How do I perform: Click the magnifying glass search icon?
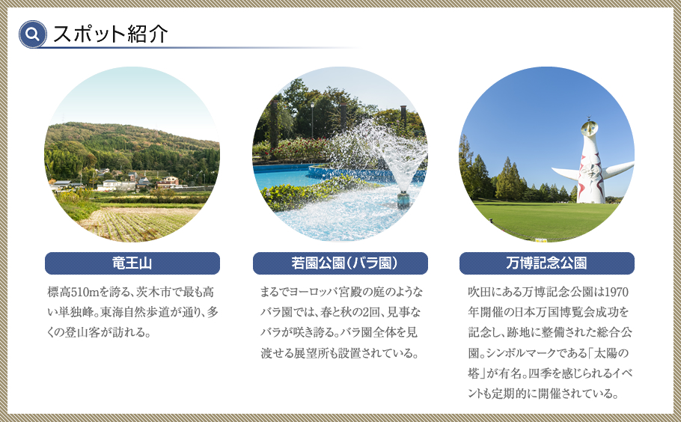pyautogui.click(x=33, y=34)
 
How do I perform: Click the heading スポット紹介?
pyautogui.click(x=110, y=34)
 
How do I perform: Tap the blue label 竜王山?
pyautogui.click(x=132, y=263)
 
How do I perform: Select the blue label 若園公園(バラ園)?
pyautogui.click(x=340, y=263)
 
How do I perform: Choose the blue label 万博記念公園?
pyautogui.click(x=546, y=263)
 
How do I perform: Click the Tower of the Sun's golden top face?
pyautogui.click(x=591, y=123)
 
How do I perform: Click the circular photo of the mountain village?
pyautogui.click(x=132, y=154)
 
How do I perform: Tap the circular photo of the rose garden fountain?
pyautogui.click(x=340, y=154)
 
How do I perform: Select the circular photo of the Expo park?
pyautogui.click(x=546, y=154)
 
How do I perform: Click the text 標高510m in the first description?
pyautogui.click(x=74, y=291)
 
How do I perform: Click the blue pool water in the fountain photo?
pyautogui.click(x=281, y=177)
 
